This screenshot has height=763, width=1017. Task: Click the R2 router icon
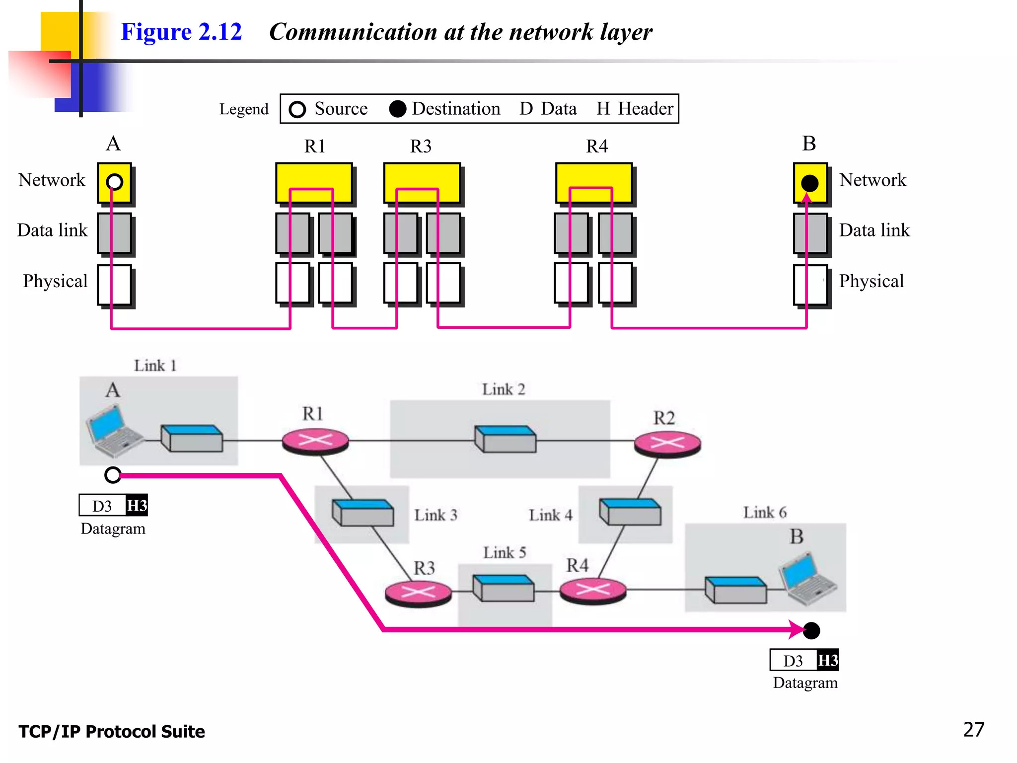pyautogui.click(x=667, y=443)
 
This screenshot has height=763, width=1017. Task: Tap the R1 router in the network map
pyautogui.click(x=315, y=441)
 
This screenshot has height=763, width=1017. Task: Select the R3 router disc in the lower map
pyautogui.click(x=418, y=593)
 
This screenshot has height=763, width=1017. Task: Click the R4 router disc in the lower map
pyautogui.click(x=592, y=590)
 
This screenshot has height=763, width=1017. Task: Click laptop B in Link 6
pyautogui.click(x=807, y=579)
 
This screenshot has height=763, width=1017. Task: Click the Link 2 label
pyautogui.click(x=503, y=389)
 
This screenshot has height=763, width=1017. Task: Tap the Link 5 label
pyautogui.click(x=505, y=552)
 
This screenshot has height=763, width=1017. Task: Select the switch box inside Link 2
pyautogui.click(x=505, y=439)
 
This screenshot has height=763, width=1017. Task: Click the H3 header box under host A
pyautogui.click(x=137, y=506)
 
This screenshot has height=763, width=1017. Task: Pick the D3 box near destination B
pyautogui.click(x=793, y=661)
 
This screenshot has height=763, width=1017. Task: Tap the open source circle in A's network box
pyautogui.click(x=114, y=182)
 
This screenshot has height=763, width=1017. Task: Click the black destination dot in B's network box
pyautogui.click(x=809, y=183)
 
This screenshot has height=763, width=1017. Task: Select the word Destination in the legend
pyautogui.click(x=455, y=109)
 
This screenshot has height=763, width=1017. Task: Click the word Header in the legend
pyautogui.click(x=645, y=109)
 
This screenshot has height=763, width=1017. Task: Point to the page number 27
pyautogui.click(x=973, y=729)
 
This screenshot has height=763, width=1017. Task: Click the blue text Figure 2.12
pyautogui.click(x=181, y=32)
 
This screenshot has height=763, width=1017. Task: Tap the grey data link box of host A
pyautogui.click(x=114, y=233)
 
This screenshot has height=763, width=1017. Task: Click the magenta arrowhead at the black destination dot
pyautogui.click(x=797, y=629)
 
